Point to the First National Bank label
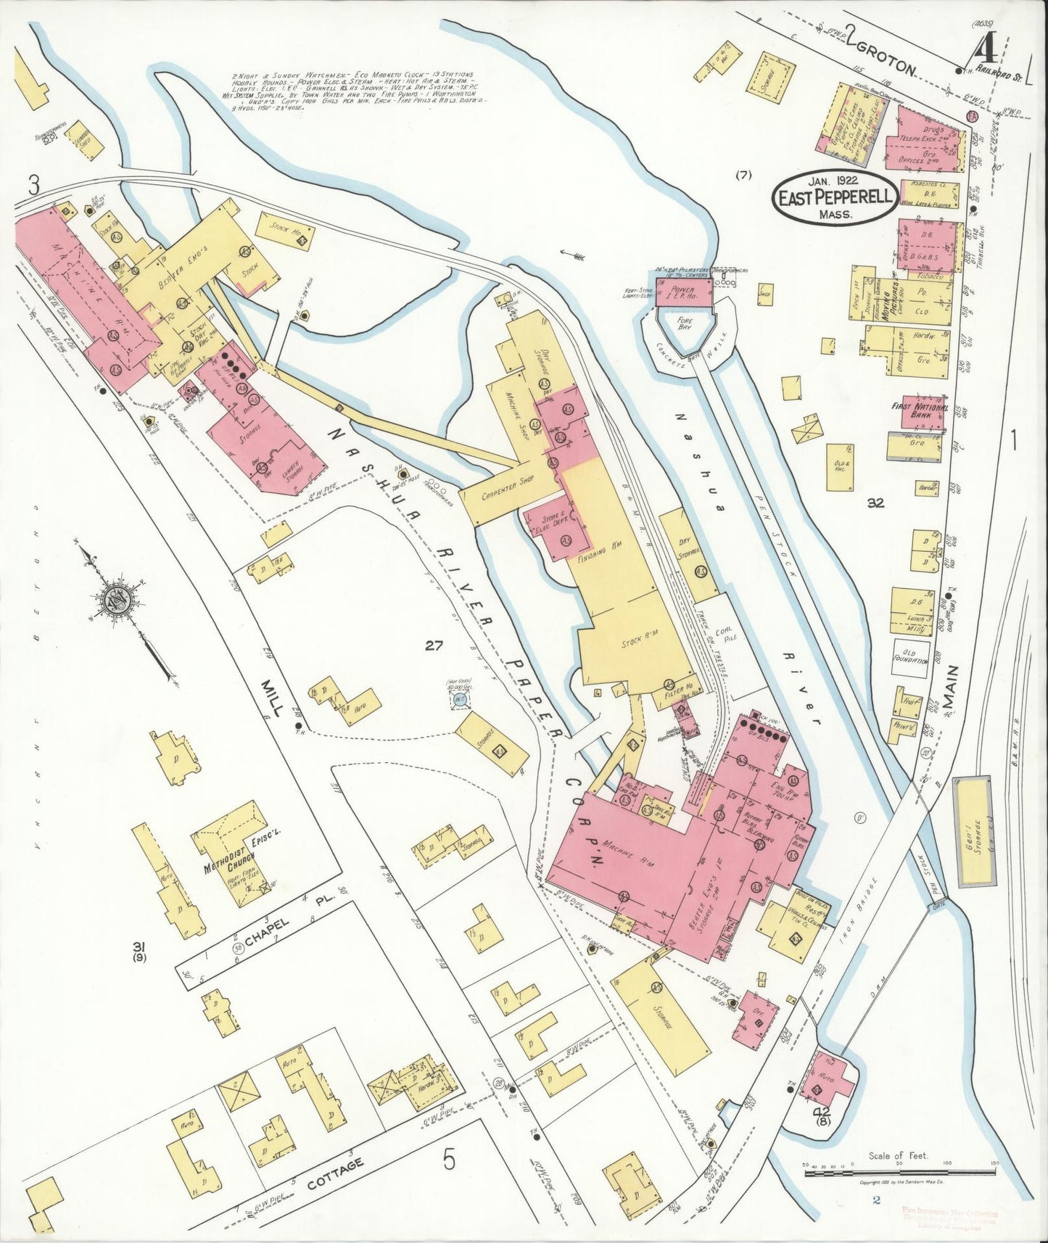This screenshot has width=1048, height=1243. pyautogui.click(x=920, y=411)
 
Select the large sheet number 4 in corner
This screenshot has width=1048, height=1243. pyautogui.click(x=985, y=52)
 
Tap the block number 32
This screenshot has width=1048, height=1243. pyautogui.click(x=876, y=503)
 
